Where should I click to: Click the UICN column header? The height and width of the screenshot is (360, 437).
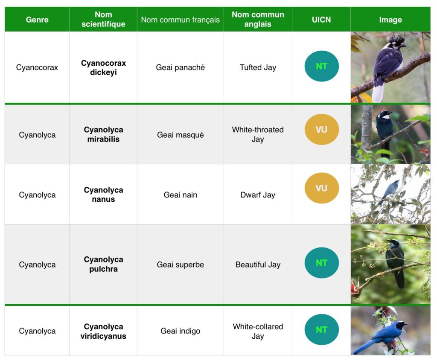click(321, 20)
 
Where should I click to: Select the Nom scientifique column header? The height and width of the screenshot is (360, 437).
click(103, 19)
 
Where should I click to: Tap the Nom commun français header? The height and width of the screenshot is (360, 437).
click(180, 20)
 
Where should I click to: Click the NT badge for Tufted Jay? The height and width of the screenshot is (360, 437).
click(322, 66)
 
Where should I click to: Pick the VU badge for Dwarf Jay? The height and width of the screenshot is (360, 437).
click(322, 188)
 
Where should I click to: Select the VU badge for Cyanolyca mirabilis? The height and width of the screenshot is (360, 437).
click(322, 129)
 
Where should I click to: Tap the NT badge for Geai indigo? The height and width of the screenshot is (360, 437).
click(322, 330)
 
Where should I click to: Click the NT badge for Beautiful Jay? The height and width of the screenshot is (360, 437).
click(322, 263)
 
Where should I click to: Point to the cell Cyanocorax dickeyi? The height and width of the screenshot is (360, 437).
click(103, 67)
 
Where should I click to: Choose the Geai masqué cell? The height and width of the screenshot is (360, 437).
click(180, 135)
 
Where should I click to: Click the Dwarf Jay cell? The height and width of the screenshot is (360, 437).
click(257, 195)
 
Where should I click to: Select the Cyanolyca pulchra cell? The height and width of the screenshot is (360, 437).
click(103, 264)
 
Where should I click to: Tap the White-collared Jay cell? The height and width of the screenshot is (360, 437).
click(257, 331)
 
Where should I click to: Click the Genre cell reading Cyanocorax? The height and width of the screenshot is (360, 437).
click(37, 67)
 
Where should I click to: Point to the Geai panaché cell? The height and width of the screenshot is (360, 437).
click(180, 67)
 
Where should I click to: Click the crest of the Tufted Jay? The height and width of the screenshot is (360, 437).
click(396, 39)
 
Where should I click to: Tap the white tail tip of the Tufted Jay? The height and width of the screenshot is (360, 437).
click(378, 93)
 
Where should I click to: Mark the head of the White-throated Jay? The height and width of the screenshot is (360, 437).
click(385, 114)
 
